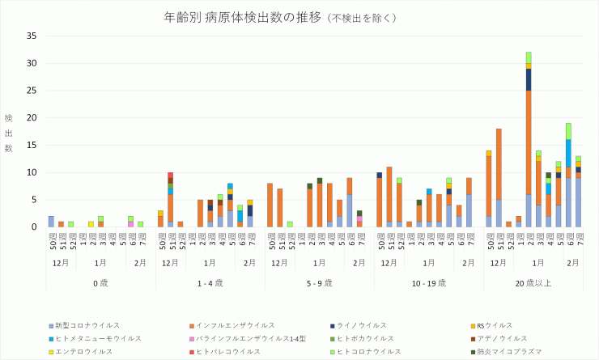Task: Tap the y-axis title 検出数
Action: click(9, 133)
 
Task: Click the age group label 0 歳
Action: click(100, 282)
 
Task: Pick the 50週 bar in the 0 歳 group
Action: click(51, 222)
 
